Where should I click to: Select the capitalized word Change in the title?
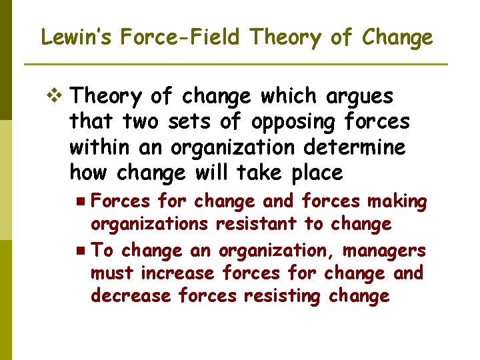(397, 37)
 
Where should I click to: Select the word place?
(317, 173)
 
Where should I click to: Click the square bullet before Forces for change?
(80, 201)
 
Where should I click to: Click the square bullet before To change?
(80, 251)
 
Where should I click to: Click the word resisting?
(280, 296)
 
